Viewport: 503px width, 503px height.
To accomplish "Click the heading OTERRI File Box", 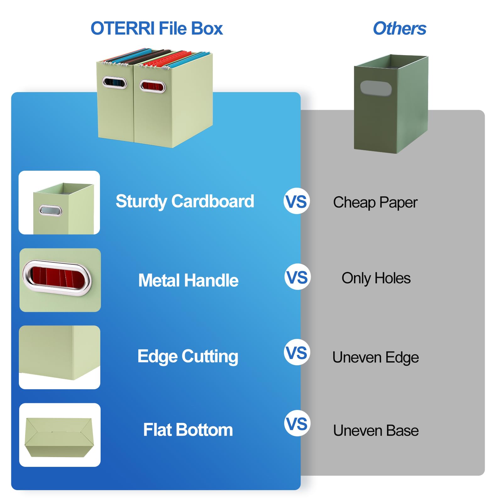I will point(157,29).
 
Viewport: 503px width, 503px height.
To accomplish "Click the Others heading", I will point(399,29).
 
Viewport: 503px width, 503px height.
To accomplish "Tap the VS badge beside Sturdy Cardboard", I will point(296,201).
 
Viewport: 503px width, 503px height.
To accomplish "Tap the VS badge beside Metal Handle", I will point(297,277).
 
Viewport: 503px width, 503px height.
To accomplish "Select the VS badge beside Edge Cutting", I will point(297,352).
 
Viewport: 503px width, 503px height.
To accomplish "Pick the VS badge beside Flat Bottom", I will point(297,423).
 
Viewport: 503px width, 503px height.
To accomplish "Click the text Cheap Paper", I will point(375,202).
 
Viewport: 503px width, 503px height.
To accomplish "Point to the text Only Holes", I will point(376,278).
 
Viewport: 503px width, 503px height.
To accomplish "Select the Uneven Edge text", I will point(375,357).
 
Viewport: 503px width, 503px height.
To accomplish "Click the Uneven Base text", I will point(376,430).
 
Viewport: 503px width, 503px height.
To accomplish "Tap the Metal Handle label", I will point(188,280).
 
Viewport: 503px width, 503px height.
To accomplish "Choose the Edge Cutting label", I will point(188,356).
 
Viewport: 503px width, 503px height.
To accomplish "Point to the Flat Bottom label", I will point(188,430).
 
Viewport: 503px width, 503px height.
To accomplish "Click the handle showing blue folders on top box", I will point(114,83).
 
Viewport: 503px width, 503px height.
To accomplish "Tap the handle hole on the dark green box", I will point(376,88).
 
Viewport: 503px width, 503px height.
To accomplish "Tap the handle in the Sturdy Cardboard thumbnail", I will point(50,210).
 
